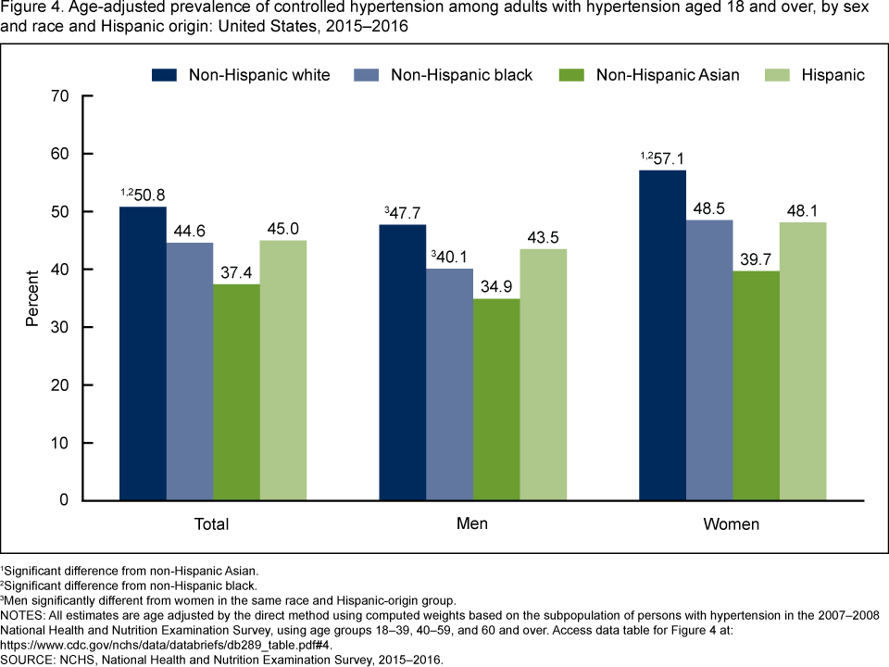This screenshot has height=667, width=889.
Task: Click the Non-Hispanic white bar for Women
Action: (662, 335)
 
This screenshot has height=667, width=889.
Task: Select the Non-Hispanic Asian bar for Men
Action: (495, 399)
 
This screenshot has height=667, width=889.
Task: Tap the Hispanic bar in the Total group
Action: (282, 371)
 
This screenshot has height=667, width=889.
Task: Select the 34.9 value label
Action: (495, 285)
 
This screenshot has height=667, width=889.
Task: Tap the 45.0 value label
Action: (283, 227)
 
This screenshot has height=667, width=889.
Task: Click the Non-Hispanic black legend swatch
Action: (366, 75)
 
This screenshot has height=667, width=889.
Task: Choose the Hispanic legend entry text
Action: (833, 75)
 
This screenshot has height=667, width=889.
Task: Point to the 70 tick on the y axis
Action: (59, 95)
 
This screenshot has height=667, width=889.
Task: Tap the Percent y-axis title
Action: (31, 298)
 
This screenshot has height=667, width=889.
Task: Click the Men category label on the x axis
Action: (472, 523)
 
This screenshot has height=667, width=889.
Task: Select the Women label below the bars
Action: (732, 524)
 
